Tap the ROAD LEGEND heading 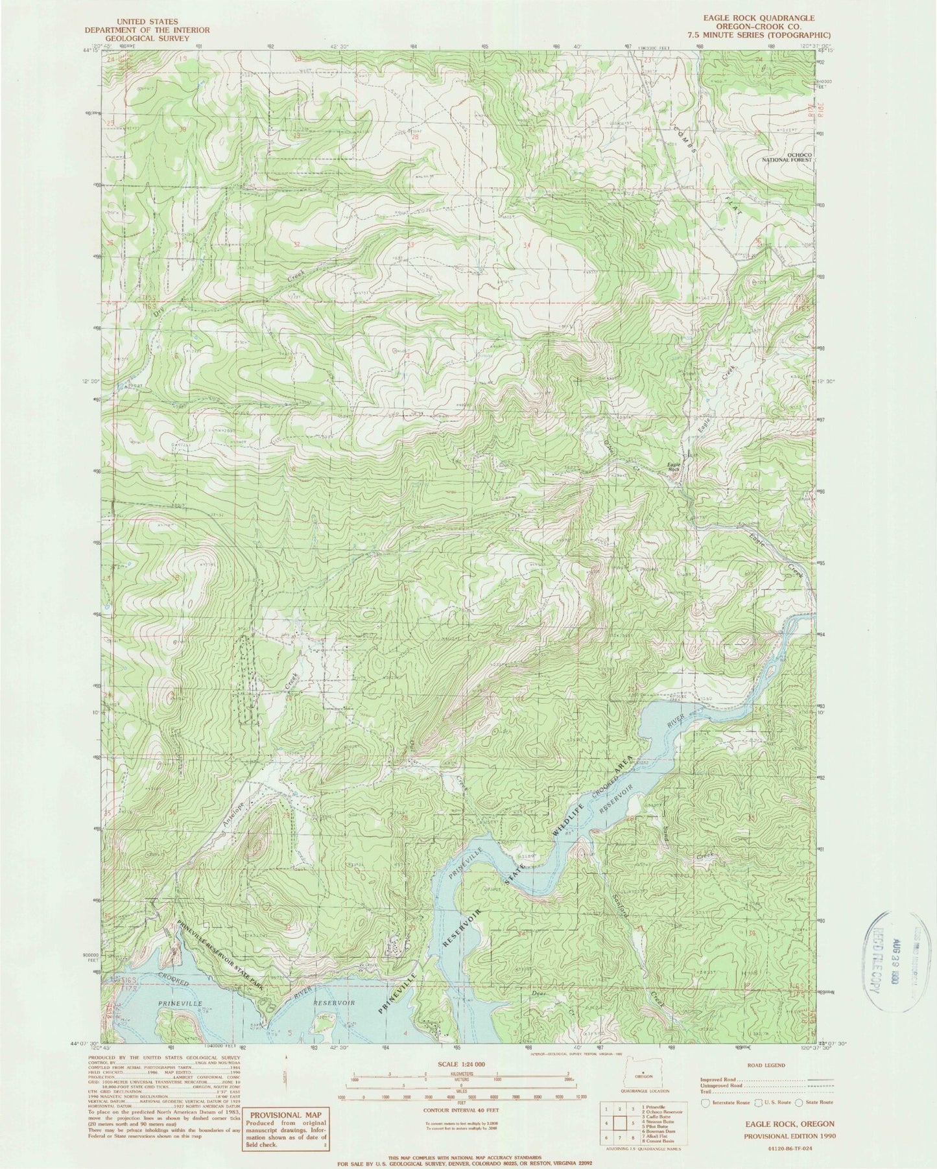766,1065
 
